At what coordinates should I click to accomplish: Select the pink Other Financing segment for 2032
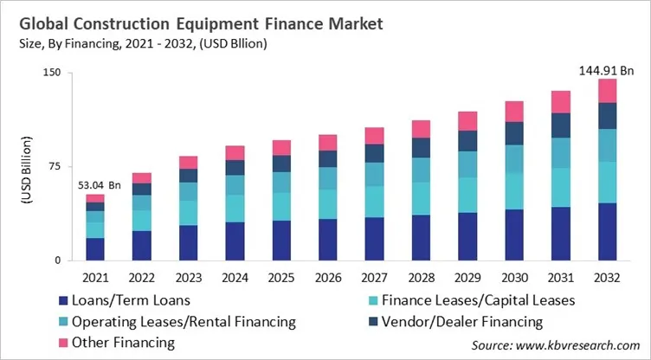click(608, 91)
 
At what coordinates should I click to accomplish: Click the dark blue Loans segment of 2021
click(94, 249)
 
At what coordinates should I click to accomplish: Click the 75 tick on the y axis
click(54, 166)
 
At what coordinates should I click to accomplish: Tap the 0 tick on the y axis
click(57, 260)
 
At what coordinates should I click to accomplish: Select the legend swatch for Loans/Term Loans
click(62, 300)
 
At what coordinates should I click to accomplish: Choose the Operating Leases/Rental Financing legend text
click(184, 321)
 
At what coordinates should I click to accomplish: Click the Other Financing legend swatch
click(62, 342)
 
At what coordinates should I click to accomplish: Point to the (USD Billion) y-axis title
click(26, 167)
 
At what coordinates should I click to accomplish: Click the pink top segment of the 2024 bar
click(235, 153)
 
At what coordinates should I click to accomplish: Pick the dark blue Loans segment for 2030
click(514, 235)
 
